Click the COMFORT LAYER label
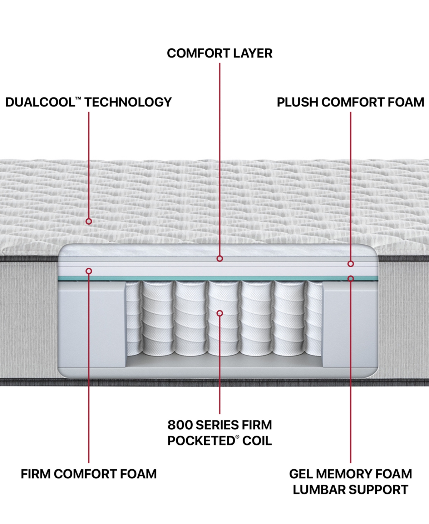pyautogui.click(x=220, y=53)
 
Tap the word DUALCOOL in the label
pyautogui.click(x=39, y=102)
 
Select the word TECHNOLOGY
pyautogui.click(x=128, y=102)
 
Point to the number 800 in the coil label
pyautogui.click(x=180, y=425)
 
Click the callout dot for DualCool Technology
pyautogui.click(x=89, y=221)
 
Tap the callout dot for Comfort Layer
pyautogui.click(x=220, y=258)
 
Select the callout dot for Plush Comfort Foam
pyautogui.click(x=351, y=264)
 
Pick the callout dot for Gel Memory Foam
pyautogui.click(x=351, y=278)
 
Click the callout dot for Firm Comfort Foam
pyautogui.click(x=89, y=271)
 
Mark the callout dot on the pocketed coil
pyautogui.click(x=220, y=313)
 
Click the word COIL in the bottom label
pyautogui.click(x=257, y=441)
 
